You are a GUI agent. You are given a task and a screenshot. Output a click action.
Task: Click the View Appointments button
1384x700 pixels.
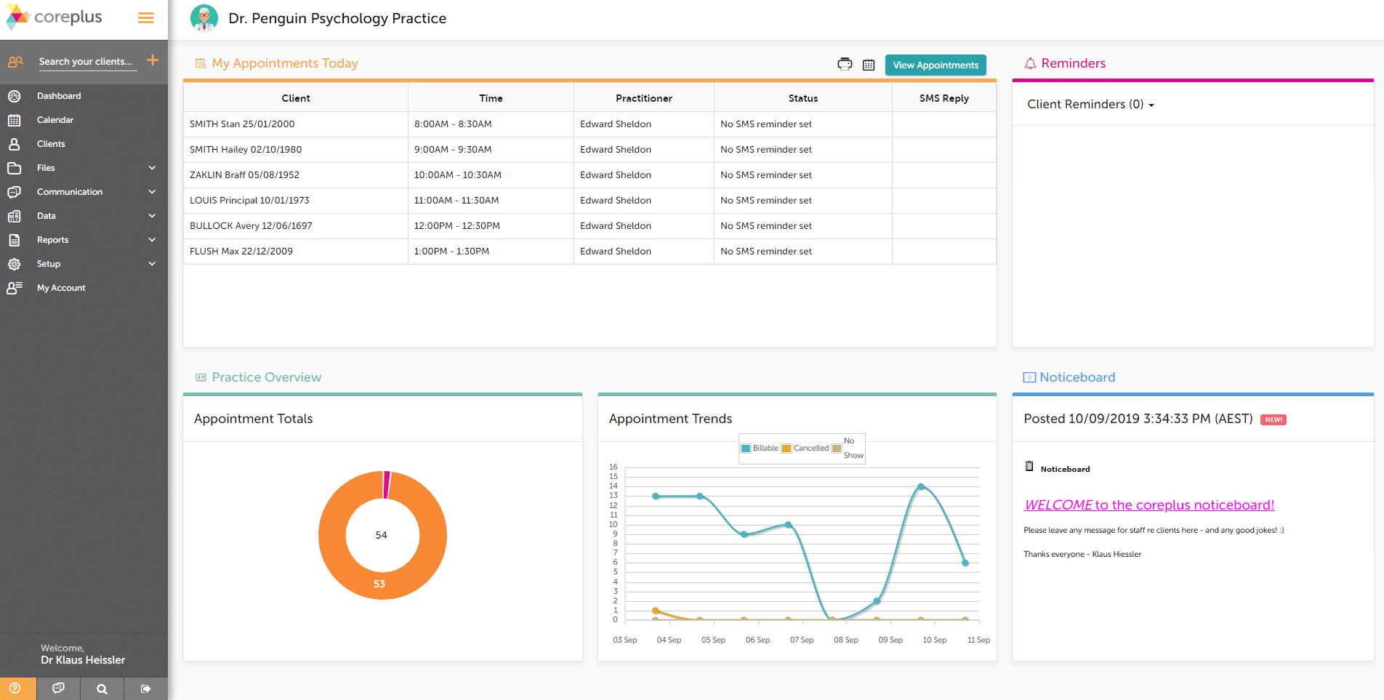(935, 65)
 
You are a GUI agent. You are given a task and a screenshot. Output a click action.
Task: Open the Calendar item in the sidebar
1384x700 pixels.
(55, 120)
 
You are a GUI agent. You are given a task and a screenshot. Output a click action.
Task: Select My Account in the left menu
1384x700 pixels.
(61, 288)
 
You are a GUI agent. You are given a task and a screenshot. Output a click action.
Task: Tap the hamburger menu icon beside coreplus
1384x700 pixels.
(146, 18)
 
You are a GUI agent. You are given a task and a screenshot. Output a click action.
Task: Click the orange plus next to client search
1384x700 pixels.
(153, 60)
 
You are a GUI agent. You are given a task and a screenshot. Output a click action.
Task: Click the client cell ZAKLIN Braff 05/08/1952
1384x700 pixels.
(244, 175)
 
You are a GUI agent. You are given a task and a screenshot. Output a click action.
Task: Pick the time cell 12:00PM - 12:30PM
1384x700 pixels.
(456, 226)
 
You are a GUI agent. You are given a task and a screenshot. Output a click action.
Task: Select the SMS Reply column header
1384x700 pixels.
(944, 98)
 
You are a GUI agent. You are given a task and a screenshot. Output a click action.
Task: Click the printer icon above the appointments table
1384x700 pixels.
(845, 64)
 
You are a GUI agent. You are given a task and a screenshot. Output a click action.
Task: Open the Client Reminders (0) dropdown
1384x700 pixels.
(1090, 105)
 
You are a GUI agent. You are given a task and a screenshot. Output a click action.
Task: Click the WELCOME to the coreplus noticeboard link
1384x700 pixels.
(1148, 505)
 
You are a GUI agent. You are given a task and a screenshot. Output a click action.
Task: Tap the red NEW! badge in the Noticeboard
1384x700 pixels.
(1273, 419)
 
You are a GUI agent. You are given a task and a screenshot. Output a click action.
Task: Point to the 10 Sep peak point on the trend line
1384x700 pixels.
(921, 487)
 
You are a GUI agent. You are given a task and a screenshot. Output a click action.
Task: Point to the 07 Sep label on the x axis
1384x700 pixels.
(802, 640)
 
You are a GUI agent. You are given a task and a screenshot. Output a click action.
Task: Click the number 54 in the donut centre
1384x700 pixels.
(381, 535)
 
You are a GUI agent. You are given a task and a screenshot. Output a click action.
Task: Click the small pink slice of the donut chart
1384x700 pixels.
(387, 484)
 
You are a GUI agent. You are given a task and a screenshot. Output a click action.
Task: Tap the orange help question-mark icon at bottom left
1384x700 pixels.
(15, 688)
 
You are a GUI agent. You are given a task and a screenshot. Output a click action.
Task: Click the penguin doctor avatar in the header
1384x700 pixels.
(204, 18)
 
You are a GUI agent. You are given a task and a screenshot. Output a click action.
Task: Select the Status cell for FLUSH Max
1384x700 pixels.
(766, 252)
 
